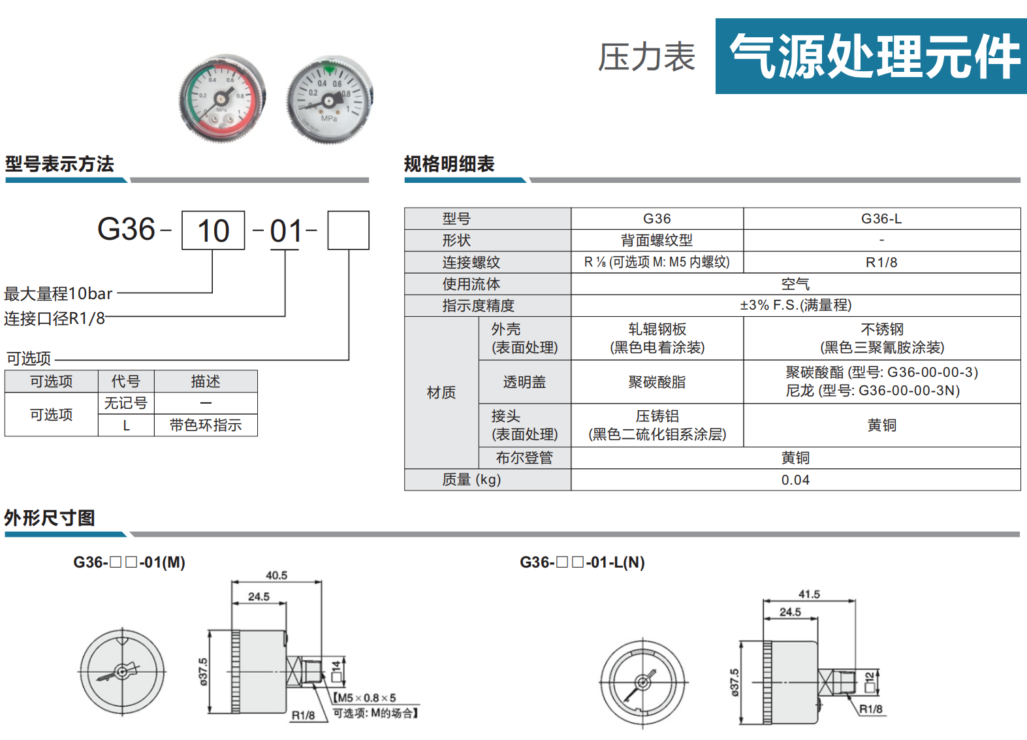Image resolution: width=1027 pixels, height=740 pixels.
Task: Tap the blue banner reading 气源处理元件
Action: (x=871, y=56)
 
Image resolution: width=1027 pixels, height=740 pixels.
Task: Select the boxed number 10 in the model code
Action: (x=213, y=231)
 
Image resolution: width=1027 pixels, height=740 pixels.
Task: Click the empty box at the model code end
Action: (x=349, y=231)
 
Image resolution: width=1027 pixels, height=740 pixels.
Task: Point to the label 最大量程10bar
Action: (x=58, y=294)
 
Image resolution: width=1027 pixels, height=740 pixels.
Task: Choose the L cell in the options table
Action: (x=126, y=425)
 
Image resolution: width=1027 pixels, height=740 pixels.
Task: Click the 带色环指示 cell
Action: (x=206, y=425)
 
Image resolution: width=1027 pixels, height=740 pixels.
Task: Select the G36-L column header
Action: (x=881, y=219)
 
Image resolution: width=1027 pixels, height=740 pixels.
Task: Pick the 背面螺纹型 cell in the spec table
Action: (x=657, y=240)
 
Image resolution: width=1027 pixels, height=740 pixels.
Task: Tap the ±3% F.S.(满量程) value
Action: (x=795, y=305)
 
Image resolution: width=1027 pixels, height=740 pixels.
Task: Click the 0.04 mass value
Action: (x=795, y=480)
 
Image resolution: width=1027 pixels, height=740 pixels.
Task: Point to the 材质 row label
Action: (x=441, y=393)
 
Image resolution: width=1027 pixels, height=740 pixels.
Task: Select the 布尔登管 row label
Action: (x=524, y=457)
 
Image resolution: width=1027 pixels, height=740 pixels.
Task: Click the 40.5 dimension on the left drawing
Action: (x=276, y=575)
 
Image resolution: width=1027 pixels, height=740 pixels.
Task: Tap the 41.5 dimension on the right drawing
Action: (x=809, y=594)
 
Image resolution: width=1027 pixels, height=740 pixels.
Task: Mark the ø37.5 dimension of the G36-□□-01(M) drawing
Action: (x=203, y=671)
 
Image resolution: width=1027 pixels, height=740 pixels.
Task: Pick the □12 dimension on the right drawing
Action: (x=869, y=681)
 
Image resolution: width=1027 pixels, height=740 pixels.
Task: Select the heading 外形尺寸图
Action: (x=50, y=518)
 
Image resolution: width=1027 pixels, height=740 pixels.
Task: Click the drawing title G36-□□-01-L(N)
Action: (x=582, y=562)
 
